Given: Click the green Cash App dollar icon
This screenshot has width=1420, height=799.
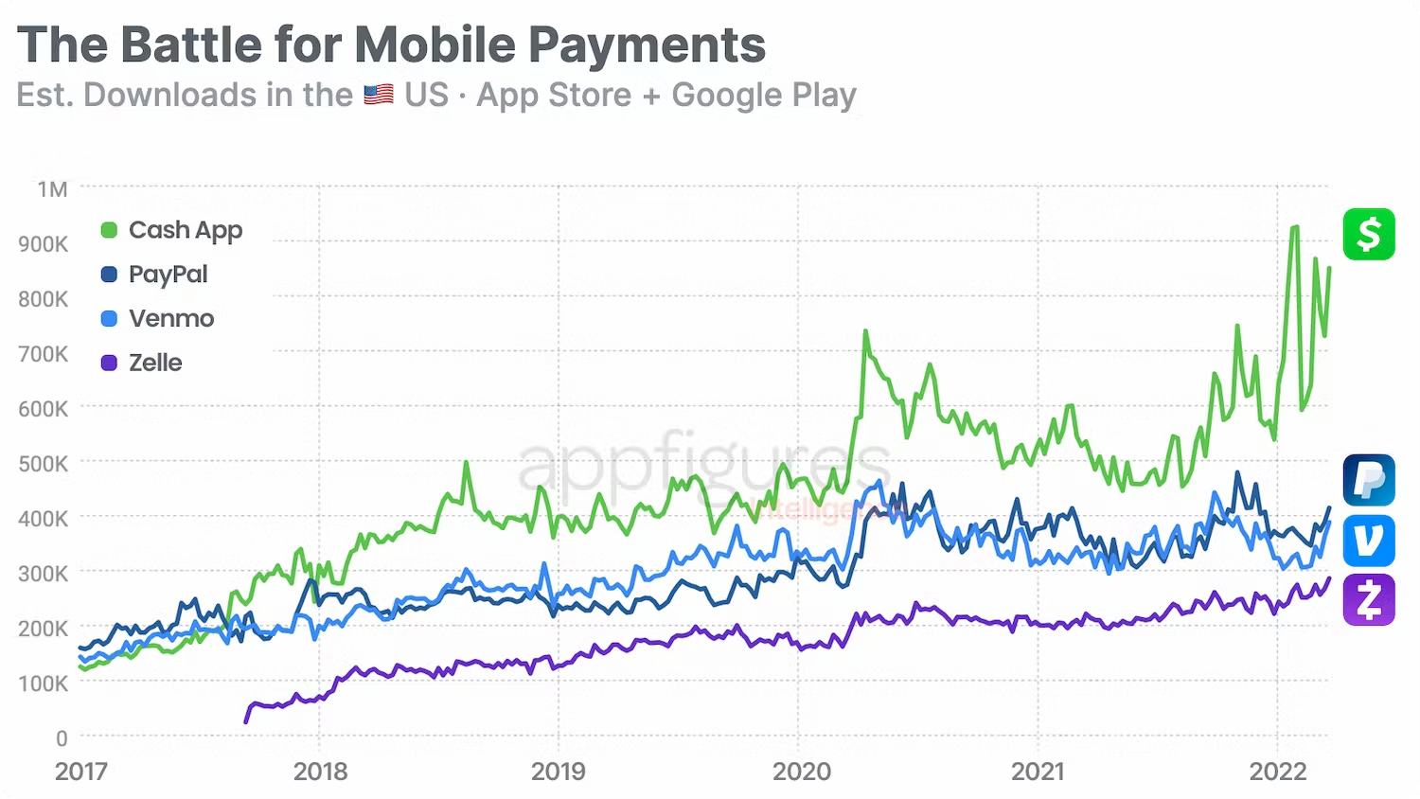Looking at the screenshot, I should click(x=1369, y=234).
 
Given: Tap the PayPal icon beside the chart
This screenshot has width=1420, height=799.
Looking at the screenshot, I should click(x=1369, y=480).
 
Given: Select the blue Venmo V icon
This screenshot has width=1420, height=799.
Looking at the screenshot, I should click(x=1369, y=541).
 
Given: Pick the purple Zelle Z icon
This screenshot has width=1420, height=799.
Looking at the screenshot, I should click(x=1369, y=600).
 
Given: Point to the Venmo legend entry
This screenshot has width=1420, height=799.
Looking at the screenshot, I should click(x=158, y=318).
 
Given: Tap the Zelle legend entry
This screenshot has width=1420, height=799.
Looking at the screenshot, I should click(x=142, y=363).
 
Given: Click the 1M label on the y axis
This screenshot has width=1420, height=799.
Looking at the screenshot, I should click(x=52, y=189).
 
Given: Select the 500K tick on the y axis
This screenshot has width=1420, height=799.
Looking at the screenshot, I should click(x=43, y=464).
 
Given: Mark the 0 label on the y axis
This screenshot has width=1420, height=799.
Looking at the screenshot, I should click(x=62, y=738).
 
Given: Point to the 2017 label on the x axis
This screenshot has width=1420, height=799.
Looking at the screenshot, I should click(x=81, y=772).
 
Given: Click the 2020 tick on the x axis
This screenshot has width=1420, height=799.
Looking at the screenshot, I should click(x=801, y=772).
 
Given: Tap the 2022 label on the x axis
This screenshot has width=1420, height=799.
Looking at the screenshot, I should click(x=1278, y=772).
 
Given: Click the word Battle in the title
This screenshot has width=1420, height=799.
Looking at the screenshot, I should click(x=190, y=44).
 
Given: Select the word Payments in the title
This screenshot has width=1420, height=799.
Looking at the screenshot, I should click(x=647, y=44).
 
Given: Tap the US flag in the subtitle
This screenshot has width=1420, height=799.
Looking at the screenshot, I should click(x=379, y=95).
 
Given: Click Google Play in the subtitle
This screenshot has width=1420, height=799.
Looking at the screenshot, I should click(x=763, y=95).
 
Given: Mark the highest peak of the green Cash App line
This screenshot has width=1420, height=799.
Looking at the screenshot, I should click(x=1294, y=227).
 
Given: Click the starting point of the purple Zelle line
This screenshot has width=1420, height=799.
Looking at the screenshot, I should click(x=246, y=721).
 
